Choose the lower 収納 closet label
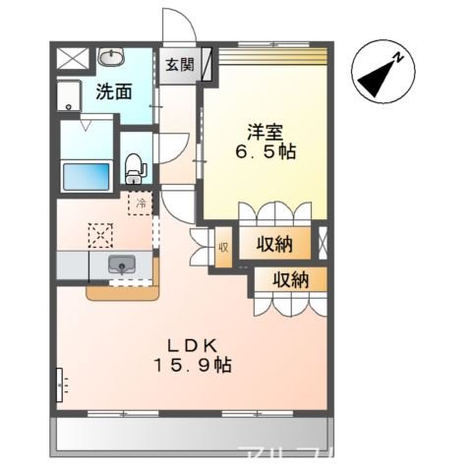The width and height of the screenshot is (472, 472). pos(291,278)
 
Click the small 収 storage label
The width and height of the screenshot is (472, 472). pos(223,248)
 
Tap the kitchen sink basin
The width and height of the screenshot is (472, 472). pos(122,264)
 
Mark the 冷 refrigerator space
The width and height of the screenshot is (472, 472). pos(141,204)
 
